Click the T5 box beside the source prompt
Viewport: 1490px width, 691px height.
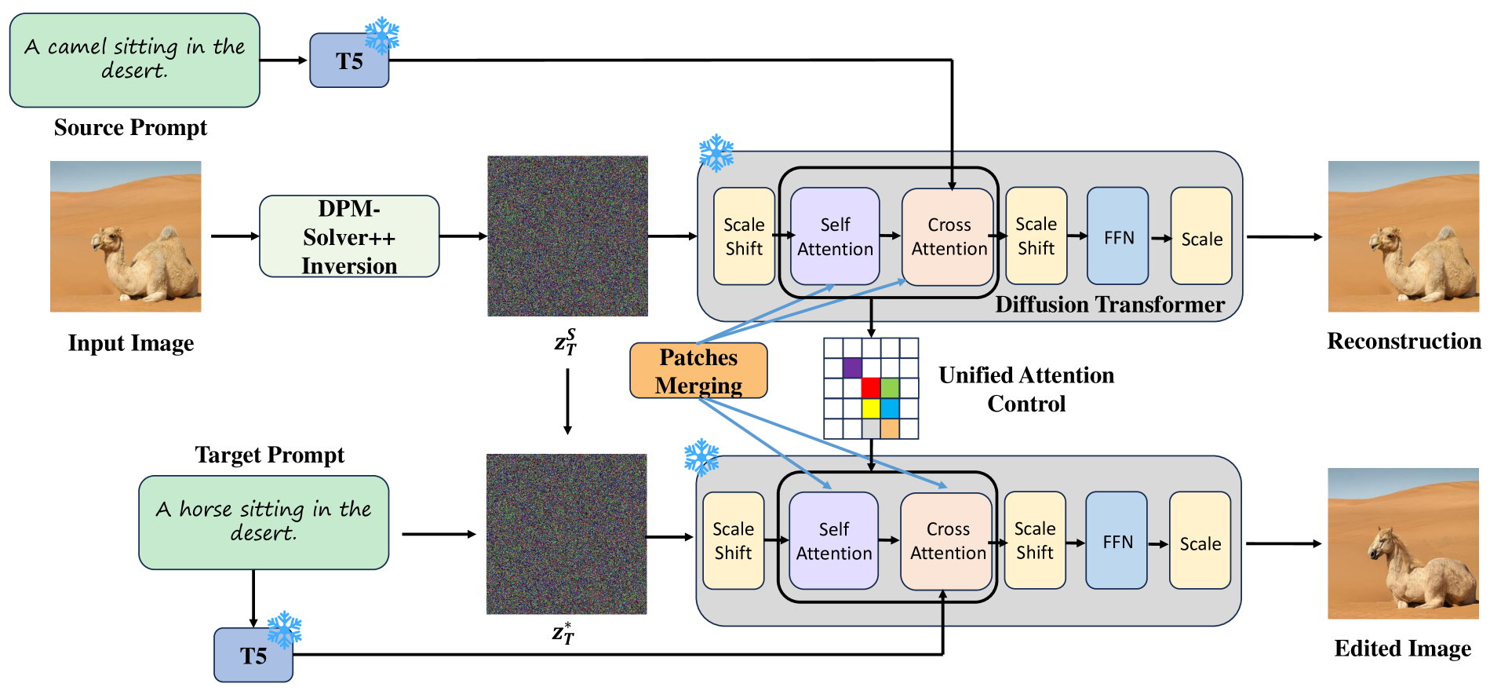pyautogui.click(x=348, y=60)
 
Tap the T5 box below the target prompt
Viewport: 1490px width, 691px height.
pyautogui.click(x=253, y=655)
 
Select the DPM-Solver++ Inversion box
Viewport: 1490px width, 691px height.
pyautogui.click(x=349, y=236)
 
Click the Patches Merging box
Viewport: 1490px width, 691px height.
pyautogui.click(x=698, y=371)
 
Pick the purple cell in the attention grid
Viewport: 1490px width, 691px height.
pyautogui.click(x=852, y=367)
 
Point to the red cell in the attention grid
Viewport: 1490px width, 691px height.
pyautogui.click(x=871, y=387)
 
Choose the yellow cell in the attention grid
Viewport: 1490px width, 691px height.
pyautogui.click(x=871, y=408)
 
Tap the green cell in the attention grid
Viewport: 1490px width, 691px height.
pyautogui.click(x=890, y=387)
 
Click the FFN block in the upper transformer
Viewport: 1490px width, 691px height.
pyautogui.click(x=1118, y=236)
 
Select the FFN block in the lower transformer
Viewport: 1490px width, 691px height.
pyautogui.click(x=1117, y=541)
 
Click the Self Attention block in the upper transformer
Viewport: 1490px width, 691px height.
pyautogui.click(x=835, y=236)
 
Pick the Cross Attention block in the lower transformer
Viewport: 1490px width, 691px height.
pyautogui.click(x=947, y=541)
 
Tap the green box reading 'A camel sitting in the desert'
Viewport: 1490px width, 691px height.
pyautogui.click(x=134, y=60)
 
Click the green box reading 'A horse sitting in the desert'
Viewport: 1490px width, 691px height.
pyautogui.click(x=264, y=522)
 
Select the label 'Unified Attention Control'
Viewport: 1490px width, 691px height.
pyautogui.click(x=1026, y=389)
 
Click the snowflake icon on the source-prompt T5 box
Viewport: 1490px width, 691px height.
pyautogui.click(x=382, y=35)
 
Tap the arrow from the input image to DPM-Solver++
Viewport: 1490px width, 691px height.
pyautogui.click(x=235, y=236)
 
